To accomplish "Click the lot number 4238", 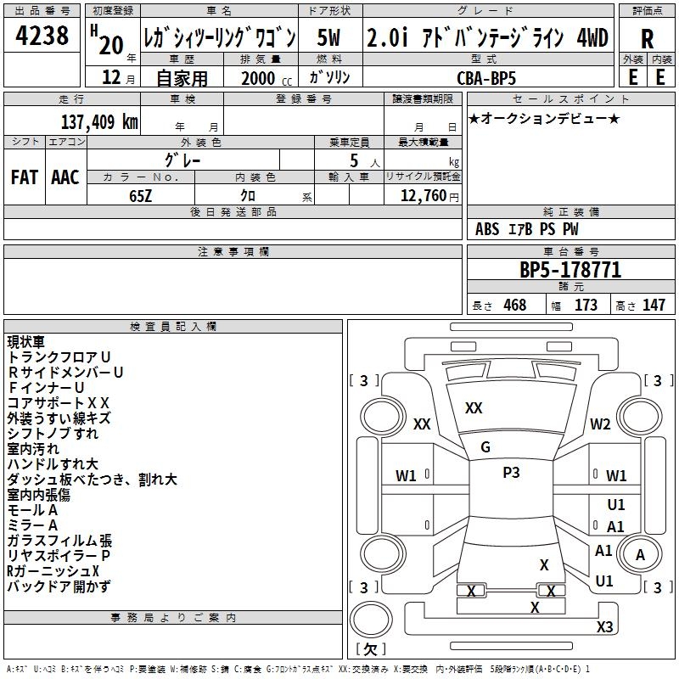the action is [42, 36].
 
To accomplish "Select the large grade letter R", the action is [647, 39].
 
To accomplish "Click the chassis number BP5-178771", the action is [570, 271].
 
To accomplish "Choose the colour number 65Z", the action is [140, 194].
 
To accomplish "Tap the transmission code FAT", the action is [24, 177].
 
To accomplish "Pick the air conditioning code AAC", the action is [65, 177].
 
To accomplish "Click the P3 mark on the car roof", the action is [511, 473].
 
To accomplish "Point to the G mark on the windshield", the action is [485, 447].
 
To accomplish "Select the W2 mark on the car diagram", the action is [601, 424].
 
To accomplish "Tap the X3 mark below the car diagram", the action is [604, 627].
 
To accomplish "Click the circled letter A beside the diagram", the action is [641, 555].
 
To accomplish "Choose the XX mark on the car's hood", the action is [474, 408].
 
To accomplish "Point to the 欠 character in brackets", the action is [369, 649].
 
